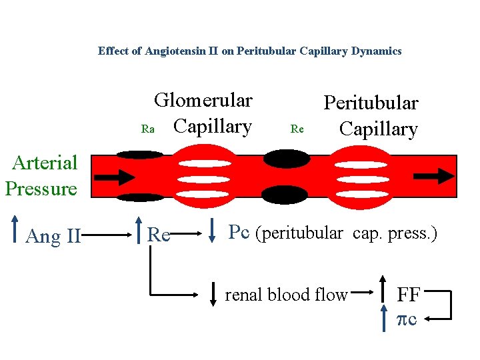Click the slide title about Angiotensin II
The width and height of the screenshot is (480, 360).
[249, 51]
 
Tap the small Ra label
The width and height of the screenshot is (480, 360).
[148, 129]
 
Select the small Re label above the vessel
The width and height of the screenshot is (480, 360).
[297, 129]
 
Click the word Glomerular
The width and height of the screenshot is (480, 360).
[203, 101]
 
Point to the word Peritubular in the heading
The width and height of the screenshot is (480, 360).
[371, 103]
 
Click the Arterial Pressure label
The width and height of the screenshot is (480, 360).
[41, 175]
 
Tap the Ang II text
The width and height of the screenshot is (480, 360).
[53, 236]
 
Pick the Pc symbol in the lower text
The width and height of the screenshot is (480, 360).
[240, 232]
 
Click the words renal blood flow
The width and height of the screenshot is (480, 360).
[286, 295]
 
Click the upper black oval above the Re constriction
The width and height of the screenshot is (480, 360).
[287, 159]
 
